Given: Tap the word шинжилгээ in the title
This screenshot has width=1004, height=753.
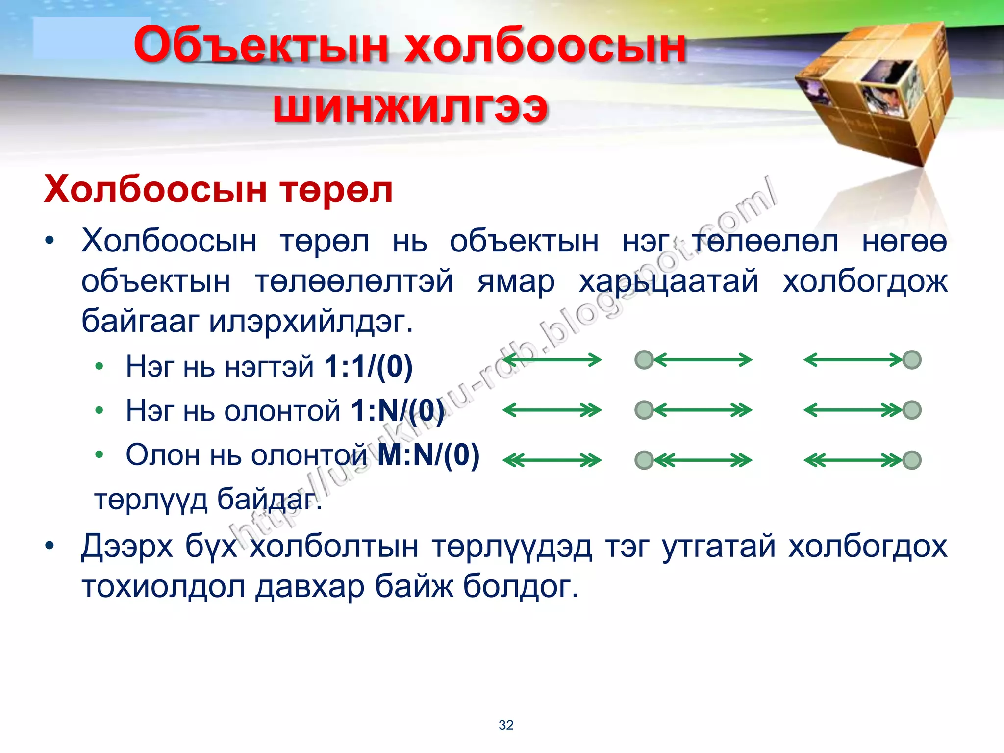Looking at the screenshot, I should pos(410,107).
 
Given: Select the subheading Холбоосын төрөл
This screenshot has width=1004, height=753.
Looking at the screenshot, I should pos(218,190).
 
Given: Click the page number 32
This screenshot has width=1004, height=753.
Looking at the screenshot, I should pos(506,725).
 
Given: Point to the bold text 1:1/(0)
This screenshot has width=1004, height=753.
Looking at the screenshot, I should pos(369,366).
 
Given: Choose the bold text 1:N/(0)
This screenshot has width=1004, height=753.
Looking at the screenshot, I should pos(398,410).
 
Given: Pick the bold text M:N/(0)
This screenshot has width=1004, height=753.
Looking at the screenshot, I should pos(429,455).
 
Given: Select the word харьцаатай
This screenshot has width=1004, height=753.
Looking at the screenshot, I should pos(669,282).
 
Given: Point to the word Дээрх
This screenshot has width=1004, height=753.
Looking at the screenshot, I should pos(127,546).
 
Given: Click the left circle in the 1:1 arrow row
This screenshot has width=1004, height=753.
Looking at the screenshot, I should pos(644,360).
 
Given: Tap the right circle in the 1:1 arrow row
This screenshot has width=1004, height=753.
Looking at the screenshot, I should pos(912,360).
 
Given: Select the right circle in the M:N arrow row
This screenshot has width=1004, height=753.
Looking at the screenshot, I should pos(912,460).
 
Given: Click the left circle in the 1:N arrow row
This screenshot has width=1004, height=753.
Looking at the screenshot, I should pos(644,410).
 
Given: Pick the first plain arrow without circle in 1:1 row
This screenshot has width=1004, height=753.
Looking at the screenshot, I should pos(552,360).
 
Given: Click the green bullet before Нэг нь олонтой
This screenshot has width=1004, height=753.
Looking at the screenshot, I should pos(100,410).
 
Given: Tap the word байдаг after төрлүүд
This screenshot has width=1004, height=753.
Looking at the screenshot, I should pos(269,500).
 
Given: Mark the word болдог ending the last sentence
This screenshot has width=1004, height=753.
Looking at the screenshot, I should pos(521,586).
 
